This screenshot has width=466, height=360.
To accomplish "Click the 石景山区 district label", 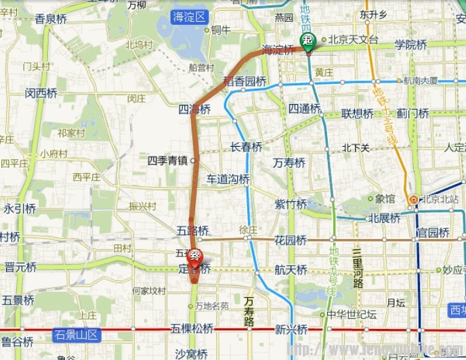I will pyautogui.click(x=76, y=334).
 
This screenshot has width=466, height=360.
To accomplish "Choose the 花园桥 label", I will pyautogui.click(x=291, y=240).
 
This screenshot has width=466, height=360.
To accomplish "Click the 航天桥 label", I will pyautogui.click(x=291, y=269).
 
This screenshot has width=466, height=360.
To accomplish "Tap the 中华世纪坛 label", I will pyautogui.click(x=351, y=315).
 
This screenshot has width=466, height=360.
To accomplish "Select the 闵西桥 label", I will pyautogui.click(x=41, y=93).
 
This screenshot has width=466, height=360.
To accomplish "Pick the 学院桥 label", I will pyautogui.click(x=410, y=45).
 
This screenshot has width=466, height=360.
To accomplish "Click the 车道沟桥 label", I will pyautogui.click(x=228, y=179).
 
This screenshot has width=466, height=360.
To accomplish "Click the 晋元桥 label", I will pyautogui.click(x=20, y=267).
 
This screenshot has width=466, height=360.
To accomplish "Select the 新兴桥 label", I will pyautogui.click(x=291, y=330).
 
